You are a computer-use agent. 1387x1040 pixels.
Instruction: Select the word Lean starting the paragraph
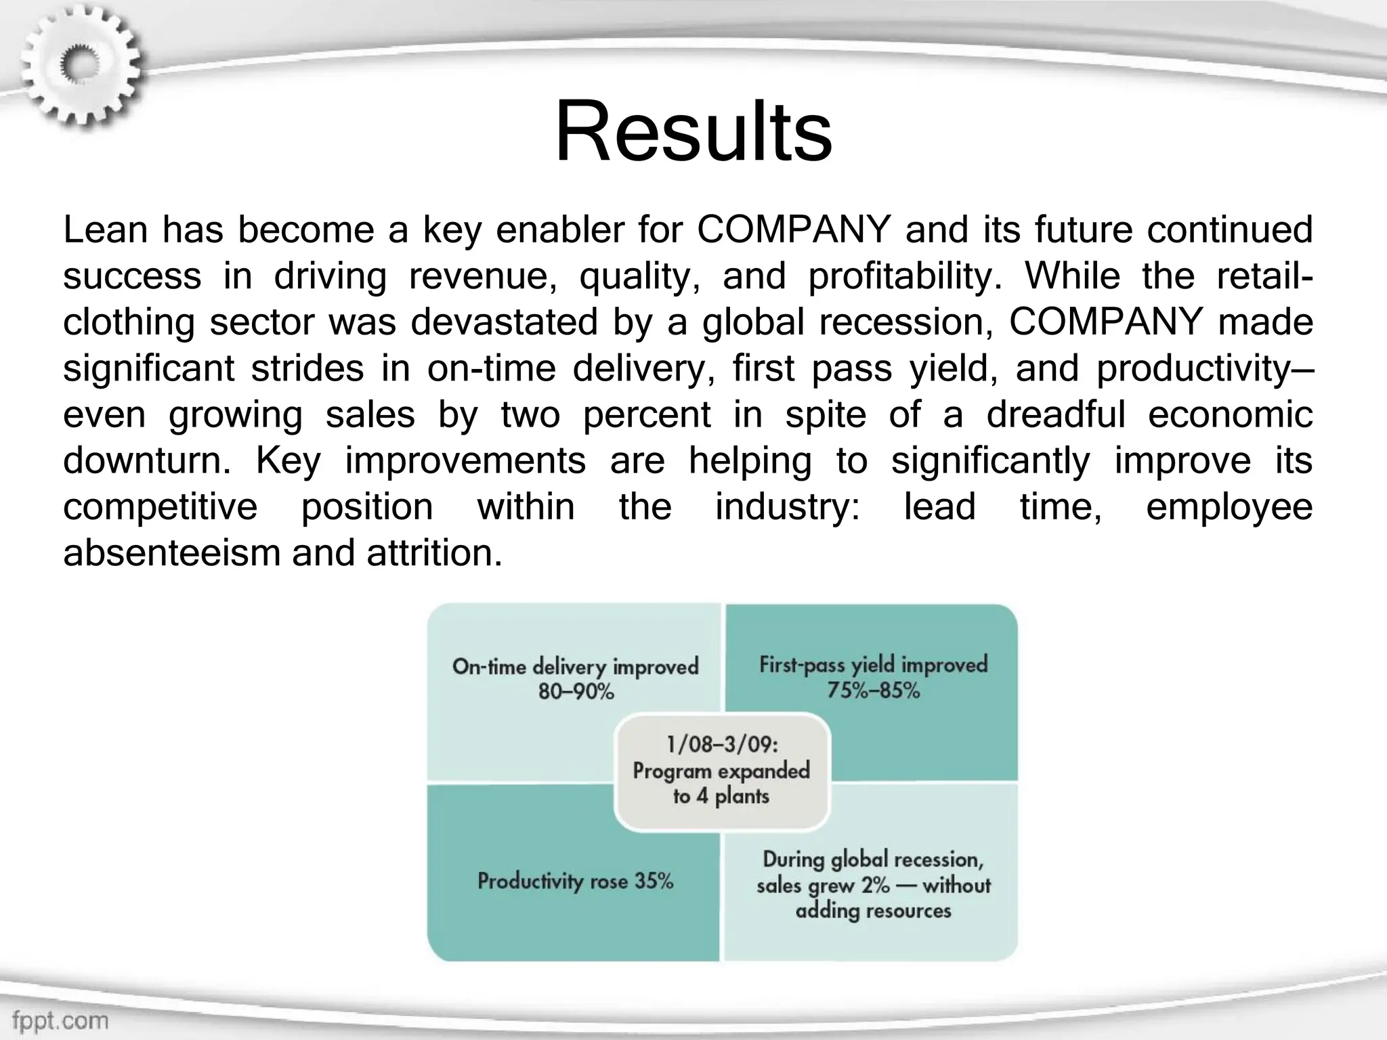pos(105,230)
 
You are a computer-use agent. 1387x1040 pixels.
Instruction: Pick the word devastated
pos(504,322)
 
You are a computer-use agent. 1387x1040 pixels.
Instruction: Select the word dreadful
pos(1055,414)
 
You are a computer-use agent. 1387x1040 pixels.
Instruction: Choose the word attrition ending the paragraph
pos(433,553)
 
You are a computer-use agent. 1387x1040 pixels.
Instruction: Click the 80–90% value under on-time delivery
pos(576,692)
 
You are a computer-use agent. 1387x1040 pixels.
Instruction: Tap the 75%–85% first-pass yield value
pos(873,691)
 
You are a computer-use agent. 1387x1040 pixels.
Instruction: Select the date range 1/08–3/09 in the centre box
pos(722,745)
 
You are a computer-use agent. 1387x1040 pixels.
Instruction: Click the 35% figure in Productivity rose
pos(654,881)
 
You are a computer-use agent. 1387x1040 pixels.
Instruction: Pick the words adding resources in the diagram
pos(873,911)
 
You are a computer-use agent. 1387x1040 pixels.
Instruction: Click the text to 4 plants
pos(721,796)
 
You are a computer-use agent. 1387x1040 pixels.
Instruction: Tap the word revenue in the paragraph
pos(483,276)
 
